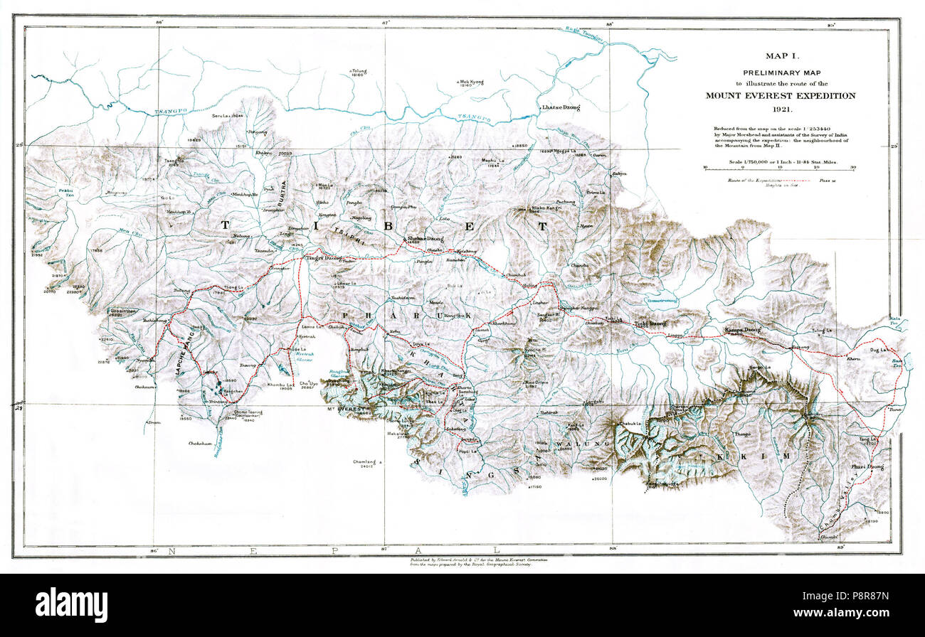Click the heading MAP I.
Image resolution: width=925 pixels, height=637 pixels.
pyautogui.click(x=780, y=56)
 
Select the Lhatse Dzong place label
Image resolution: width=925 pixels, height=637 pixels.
pyautogui.click(x=561, y=107)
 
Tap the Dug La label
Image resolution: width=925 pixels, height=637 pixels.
pyautogui.click(x=880, y=350)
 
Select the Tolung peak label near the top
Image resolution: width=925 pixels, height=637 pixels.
pyautogui.click(x=358, y=71)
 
